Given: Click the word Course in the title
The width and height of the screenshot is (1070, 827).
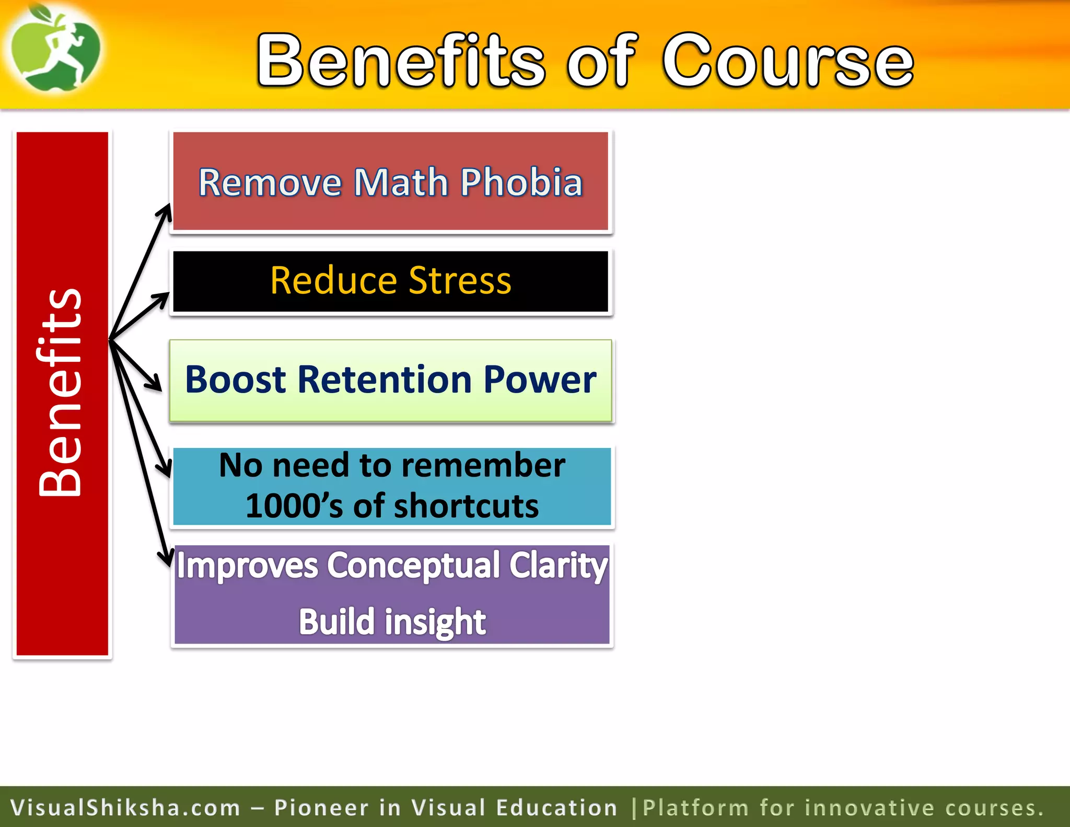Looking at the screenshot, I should point(788,60).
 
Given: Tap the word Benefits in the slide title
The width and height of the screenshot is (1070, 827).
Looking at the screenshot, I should point(401,60).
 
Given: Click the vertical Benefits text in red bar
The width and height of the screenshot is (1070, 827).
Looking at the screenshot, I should point(61,392).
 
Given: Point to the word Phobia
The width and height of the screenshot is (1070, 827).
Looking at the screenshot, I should point(521,182).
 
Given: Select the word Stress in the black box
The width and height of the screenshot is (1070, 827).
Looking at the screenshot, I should point(460,281).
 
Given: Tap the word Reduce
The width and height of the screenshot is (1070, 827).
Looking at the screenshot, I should point(333,281).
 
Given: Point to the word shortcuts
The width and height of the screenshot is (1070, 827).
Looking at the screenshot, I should point(466,506).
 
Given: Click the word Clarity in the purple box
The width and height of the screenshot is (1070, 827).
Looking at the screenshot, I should point(558,566).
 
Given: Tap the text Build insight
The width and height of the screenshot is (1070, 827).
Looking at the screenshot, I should point(392,622).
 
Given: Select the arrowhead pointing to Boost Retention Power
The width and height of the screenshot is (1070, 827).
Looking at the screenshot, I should point(156,385).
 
